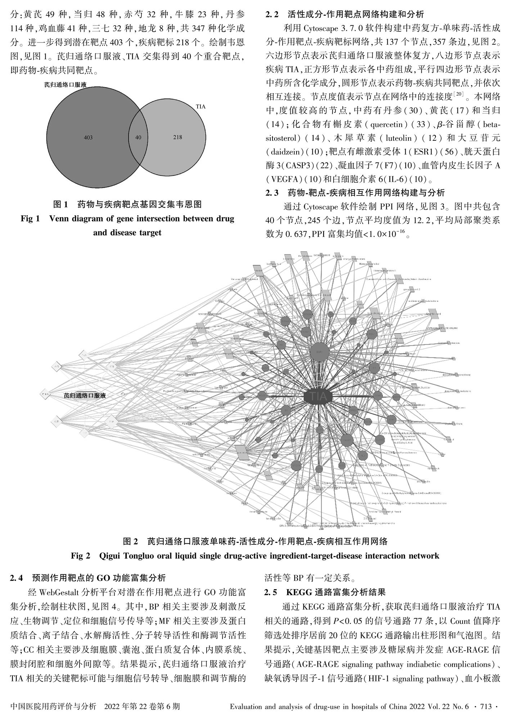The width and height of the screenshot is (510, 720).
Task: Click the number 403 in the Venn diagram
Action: point(88,138)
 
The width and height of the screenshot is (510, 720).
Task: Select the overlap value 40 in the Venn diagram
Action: point(138,138)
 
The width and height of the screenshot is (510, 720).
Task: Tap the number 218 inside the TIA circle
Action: point(177,137)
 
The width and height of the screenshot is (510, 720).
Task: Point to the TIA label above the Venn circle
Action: point(201,107)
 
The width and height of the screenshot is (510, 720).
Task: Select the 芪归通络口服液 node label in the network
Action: point(85,395)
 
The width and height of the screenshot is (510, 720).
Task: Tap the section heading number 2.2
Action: point(272,14)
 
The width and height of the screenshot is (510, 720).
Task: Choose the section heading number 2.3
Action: point(272,193)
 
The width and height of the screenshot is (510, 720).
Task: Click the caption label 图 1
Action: point(60,205)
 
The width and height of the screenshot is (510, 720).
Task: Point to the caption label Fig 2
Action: point(80,556)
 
